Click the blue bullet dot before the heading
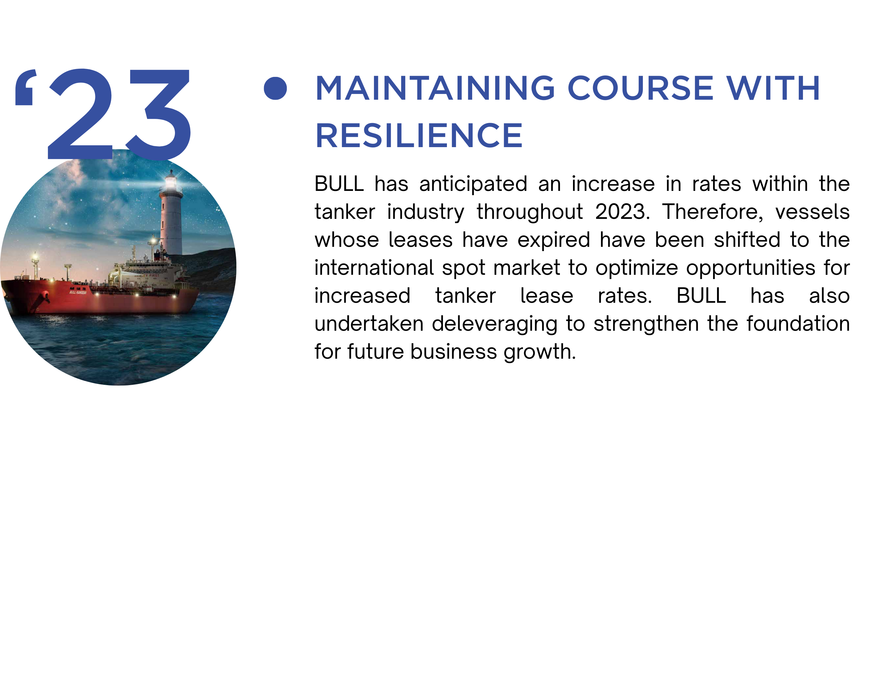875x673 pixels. pyautogui.click(x=275, y=88)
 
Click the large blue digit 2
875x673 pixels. pyautogui.click(x=80, y=114)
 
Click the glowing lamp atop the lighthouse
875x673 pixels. pyautogui.click(x=171, y=182)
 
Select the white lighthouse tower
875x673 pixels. pyautogui.click(x=171, y=216)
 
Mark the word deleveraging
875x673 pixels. pyautogui.click(x=494, y=324)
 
